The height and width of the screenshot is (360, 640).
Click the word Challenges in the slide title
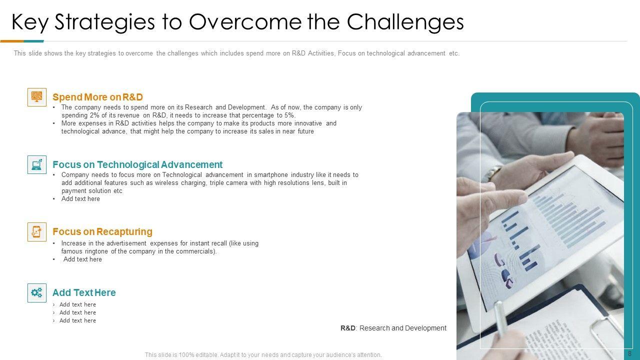[405, 23]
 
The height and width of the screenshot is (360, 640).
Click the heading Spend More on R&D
[97, 97]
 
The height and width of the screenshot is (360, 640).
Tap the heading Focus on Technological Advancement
[137, 165]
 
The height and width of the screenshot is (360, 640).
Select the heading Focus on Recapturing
[102, 231]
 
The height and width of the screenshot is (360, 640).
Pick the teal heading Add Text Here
[84, 292]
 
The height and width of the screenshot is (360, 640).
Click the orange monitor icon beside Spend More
[37, 97]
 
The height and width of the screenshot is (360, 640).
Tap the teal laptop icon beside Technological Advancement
[37, 164]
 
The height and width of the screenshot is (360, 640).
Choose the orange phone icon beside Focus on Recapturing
[37, 231]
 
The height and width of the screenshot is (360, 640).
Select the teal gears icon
[37, 293]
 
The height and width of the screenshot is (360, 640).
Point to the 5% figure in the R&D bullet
[289, 115]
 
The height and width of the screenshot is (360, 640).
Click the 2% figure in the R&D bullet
[94, 115]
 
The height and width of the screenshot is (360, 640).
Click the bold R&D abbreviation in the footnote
[348, 328]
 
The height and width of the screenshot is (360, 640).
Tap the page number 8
[629, 353]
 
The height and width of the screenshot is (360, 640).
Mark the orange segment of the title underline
[12, 41]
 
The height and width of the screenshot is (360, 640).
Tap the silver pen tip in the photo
[498, 308]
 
